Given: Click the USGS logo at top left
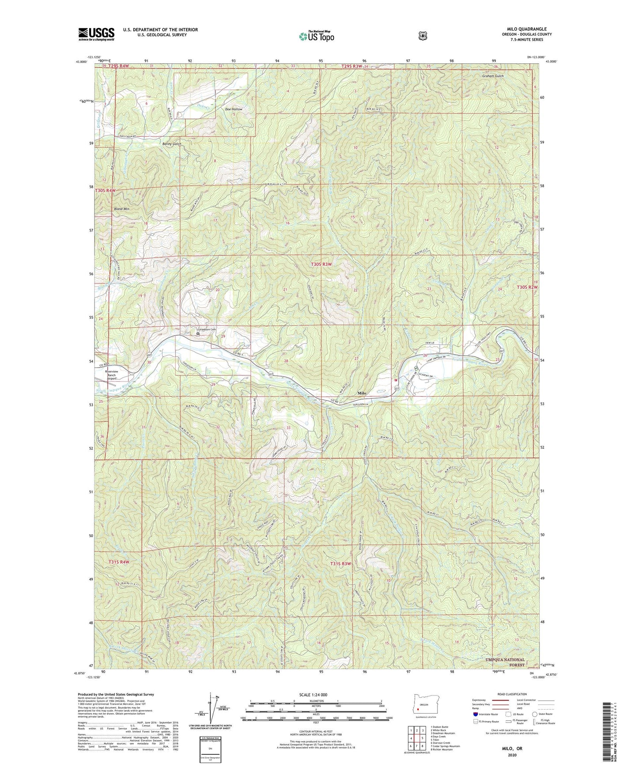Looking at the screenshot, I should coord(96,34).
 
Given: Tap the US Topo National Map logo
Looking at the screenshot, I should coord(315,36).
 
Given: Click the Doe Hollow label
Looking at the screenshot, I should coord(234,109).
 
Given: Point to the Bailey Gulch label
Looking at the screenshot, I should coord(171,144).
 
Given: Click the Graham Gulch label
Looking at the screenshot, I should coord(493,76).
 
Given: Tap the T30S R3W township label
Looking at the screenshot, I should coord(321,264).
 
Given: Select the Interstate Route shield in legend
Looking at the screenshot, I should coord(475,714).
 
